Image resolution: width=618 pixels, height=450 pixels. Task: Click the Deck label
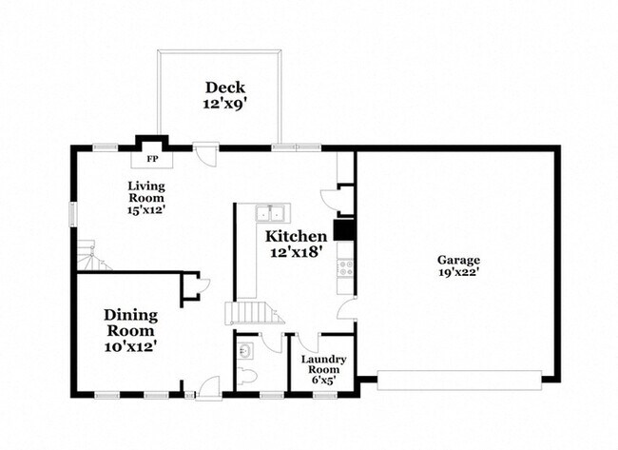[x=219, y=87]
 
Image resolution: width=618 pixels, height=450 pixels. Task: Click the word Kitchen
[x=296, y=236]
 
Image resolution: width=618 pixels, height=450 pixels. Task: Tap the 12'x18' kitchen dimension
[x=297, y=253]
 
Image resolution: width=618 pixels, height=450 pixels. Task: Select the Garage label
[x=458, y=260]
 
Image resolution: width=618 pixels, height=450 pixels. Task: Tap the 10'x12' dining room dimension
[x=130, y=346]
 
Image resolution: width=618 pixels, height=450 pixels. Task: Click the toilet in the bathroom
[x=247, y=376]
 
